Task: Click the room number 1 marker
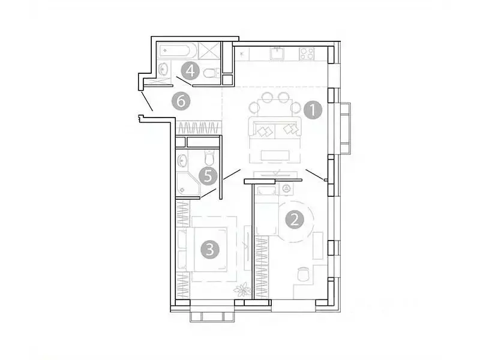313,110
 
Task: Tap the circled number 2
294,220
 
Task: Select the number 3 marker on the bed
209,249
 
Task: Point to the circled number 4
190,71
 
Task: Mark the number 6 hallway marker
180,101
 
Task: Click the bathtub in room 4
176,50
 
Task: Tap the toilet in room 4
211,73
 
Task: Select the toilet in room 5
209,158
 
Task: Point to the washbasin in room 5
182,160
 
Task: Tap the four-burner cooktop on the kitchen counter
307,53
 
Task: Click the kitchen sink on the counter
277,53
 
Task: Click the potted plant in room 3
242,290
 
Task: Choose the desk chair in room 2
304,274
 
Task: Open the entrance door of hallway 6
148,102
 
